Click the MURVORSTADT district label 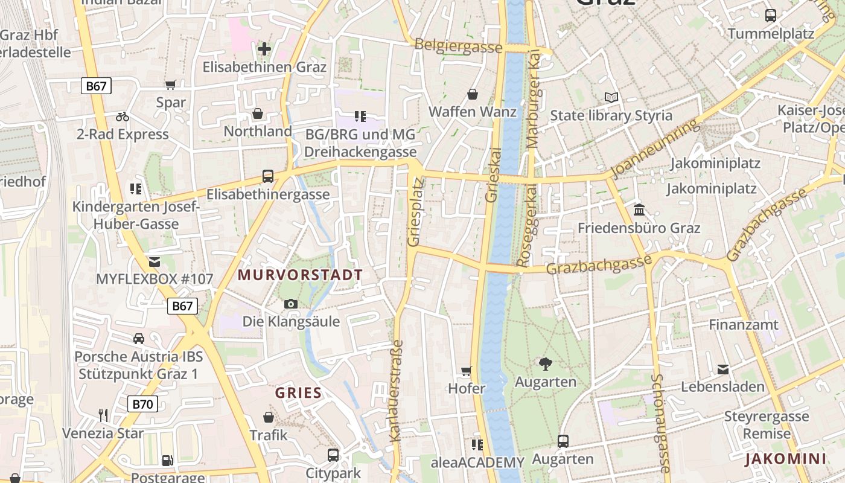[x=300, y=275]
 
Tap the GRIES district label [x=298, y=393]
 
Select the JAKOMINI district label [x=785, y=459]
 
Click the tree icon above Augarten [x=546, y=363]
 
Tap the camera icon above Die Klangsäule [x=291, y=304]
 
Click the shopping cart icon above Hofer [x=466, y=371]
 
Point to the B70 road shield [x=142, y=404]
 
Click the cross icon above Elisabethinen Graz [x=264, y=49]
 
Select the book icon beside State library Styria [x=611, y=97]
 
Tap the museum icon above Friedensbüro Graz [x=639, y=210]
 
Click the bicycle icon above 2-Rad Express [x=123, y=117]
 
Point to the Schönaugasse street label [x=661, y=423]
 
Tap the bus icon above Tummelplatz [x=771, y=16]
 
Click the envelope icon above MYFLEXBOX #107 [x=155, y=262]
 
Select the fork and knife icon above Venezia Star [x=103, y=415]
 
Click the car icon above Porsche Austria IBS [x=139, y=339]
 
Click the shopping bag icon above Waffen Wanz [x=473, y=94]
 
